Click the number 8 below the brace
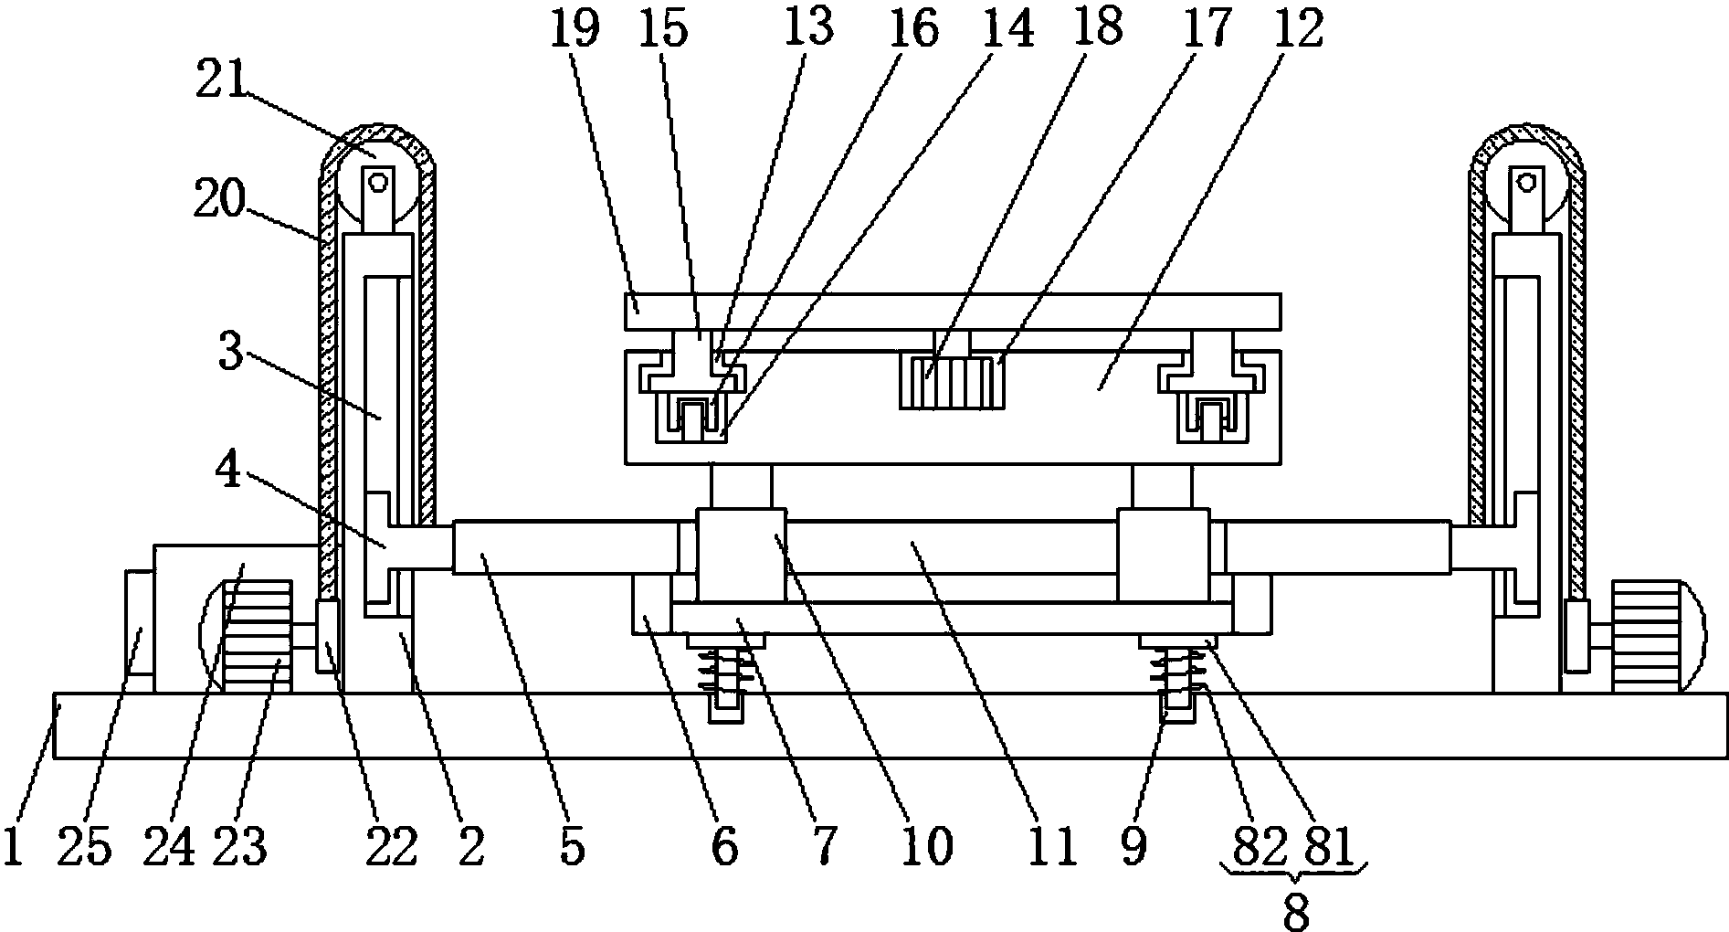click(x=1296, y=908)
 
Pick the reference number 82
click(x=1258, y=848)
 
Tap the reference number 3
click(x=231, y=353)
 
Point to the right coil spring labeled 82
click(x=1173, y=672)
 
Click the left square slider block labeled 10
click(x=741, y=555)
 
